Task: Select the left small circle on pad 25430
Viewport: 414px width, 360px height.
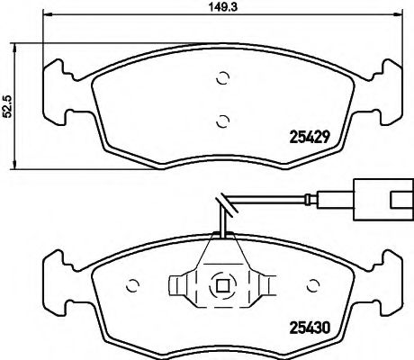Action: (132, 287)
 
